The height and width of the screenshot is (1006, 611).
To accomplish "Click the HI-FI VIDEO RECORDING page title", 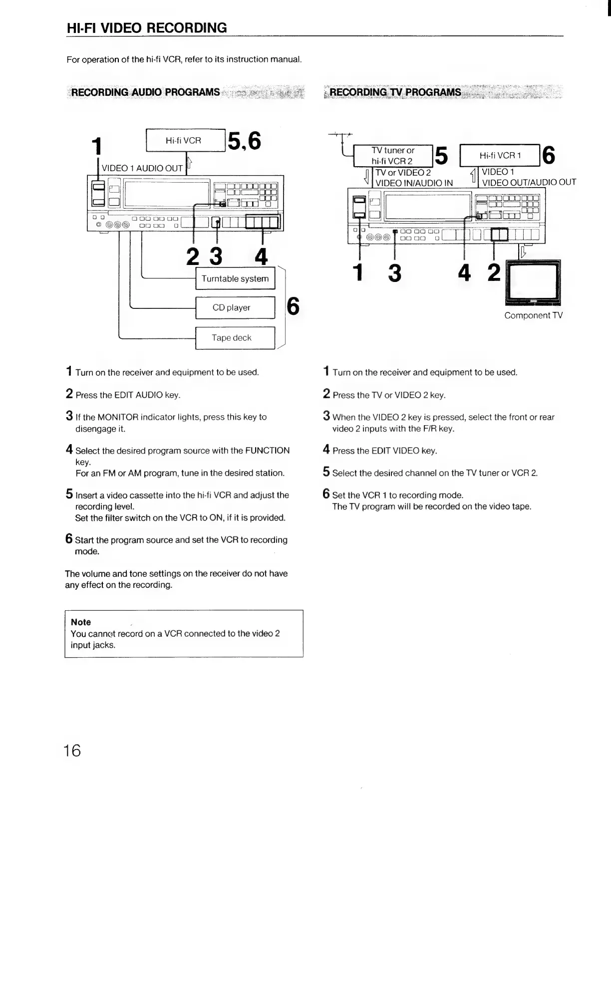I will [x=147, y=28].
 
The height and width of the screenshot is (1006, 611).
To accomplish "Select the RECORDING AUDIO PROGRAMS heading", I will [x=145, y=92].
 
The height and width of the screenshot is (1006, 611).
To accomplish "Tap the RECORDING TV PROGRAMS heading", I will [x=395, y=92].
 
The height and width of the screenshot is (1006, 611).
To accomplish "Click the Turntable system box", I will [x=235, y=278].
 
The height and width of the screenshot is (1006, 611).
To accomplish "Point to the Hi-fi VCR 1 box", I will [x=500, y=155].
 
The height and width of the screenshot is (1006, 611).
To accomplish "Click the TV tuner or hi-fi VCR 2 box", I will [x=393, y=156].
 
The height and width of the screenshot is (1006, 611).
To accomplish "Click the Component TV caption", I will [x=533, y=315].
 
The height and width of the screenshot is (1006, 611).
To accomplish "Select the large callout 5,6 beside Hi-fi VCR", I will [x=244, y=141].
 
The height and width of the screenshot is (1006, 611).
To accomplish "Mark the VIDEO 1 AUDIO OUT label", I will [x=142, y=168].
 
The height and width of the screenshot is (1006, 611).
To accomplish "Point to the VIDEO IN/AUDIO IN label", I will [x=414, y=183].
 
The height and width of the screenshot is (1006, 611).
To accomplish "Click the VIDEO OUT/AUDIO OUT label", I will [x=529, y=182].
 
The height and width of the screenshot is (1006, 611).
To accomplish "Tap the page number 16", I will [x=72, y=750].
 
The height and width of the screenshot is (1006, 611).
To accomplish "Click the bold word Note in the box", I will [x=81, y=622].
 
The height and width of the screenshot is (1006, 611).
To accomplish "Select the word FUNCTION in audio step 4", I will [x=267, y=451].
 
